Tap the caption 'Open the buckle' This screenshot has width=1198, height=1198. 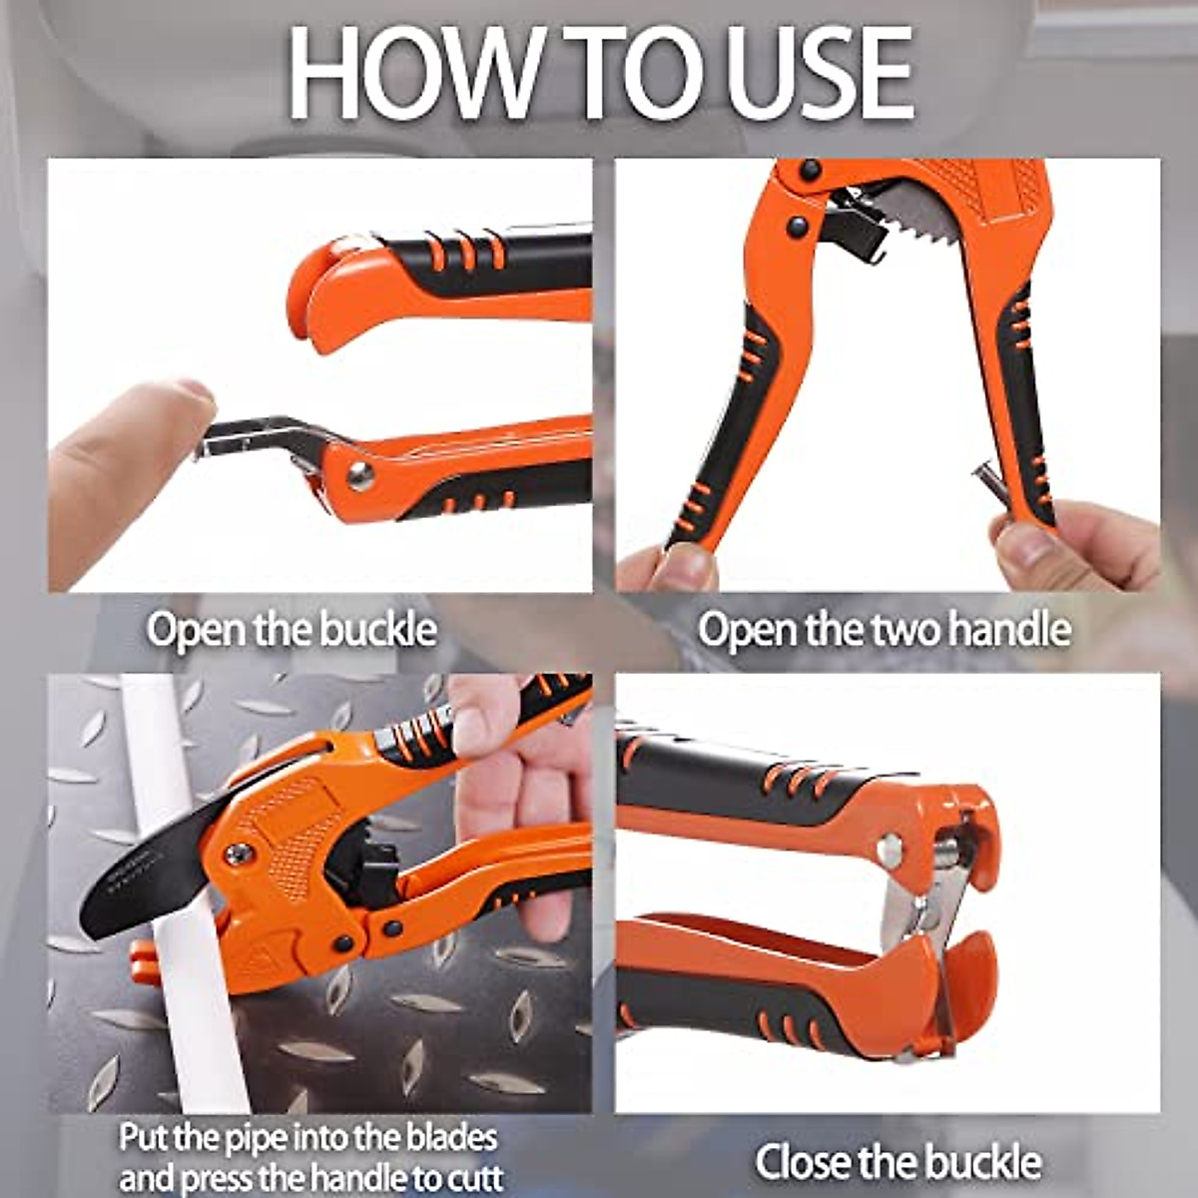(x=292, y=630)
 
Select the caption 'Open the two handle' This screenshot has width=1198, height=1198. (x=884, y=630)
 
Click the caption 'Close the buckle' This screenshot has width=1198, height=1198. (x=898, y=1161)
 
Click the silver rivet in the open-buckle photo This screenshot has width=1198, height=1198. (x=359, y=475)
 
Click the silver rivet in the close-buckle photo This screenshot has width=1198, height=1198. (x=889, y=849)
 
